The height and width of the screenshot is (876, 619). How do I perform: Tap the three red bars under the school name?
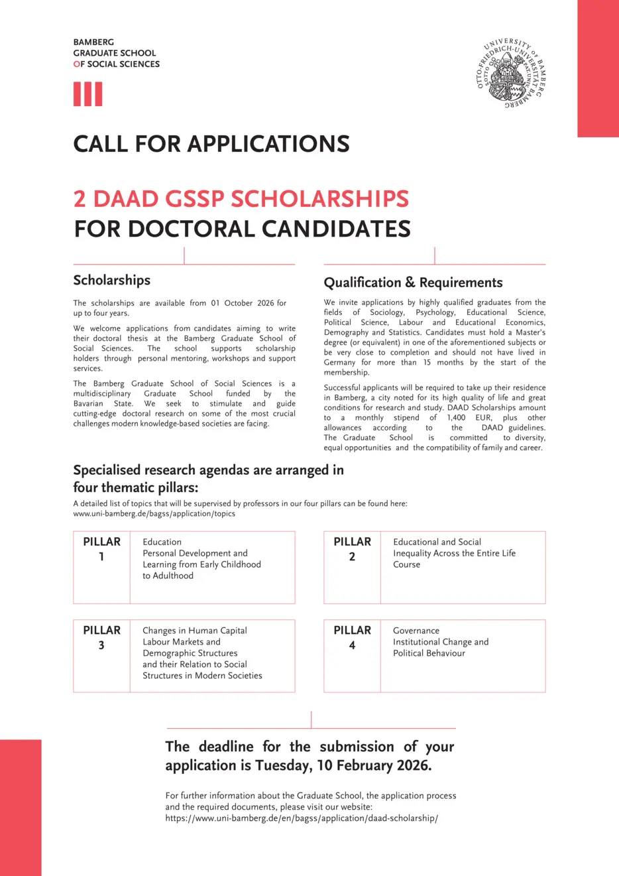[x=87, y=94]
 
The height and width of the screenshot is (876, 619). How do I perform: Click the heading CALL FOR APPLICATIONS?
[x=211, y=144]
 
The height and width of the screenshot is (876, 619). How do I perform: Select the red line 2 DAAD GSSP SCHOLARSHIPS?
[x=241, y=199]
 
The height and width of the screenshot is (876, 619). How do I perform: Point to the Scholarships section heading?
[x=112, y=280]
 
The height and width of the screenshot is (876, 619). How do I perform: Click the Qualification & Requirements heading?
[x=413, y=282]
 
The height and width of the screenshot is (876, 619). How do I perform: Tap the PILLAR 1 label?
[x=101, y=548]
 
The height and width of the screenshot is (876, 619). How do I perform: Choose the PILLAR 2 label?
[x=352, y=548]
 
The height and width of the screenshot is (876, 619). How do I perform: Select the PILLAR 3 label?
[x=101, y=637]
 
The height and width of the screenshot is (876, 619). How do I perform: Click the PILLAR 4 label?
[x=352, y=637]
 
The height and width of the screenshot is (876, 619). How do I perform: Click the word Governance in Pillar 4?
[x=416, y=631]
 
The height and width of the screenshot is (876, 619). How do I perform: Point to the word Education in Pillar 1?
[x=162, y=542]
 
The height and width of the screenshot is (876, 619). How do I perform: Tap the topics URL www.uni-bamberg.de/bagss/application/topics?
[x=154, y=513]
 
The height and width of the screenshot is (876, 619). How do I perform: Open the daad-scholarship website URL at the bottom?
[x=302, y=818]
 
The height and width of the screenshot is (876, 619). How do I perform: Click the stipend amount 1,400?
[x=456, y=418]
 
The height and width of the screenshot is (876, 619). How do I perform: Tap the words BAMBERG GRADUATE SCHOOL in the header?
[x=115, y=48]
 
